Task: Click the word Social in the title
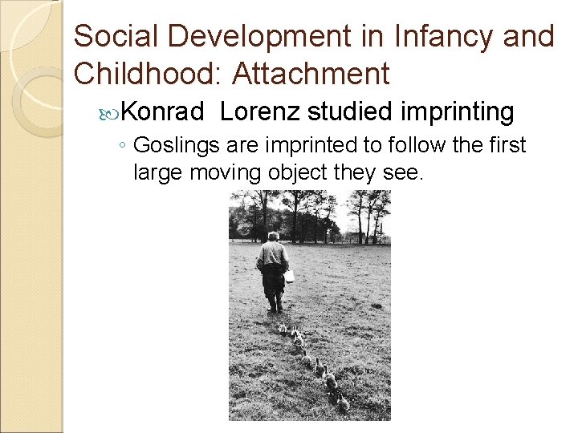coord(112,36)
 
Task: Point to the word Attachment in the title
coord(311,74)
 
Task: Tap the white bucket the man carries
coord(289,275)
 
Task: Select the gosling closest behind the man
coord(283,327)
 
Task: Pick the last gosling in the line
coord(344,403)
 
